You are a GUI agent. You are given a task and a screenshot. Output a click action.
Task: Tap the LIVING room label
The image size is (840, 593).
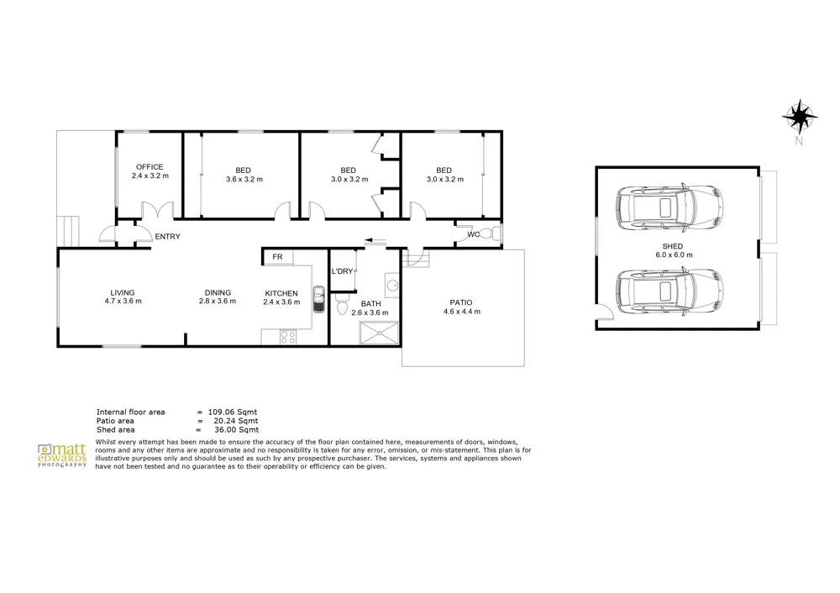(123, 292)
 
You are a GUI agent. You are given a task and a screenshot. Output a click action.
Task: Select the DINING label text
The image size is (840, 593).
(217, 292)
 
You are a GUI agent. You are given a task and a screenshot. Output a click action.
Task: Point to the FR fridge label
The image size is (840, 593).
(276, 257)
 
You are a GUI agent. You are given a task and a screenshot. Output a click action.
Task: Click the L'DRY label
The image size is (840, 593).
(342, 271)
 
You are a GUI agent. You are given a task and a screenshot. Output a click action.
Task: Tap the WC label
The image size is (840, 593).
(473, 234)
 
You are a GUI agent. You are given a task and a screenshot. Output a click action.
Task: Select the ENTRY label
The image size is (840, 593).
(167, 237)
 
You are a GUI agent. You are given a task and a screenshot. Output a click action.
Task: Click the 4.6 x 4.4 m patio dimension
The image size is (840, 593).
(461, 311)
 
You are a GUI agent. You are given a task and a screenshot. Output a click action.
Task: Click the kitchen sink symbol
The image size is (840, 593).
(318, 298)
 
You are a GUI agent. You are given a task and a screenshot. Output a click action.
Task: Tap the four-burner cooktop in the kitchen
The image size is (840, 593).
(287, 338)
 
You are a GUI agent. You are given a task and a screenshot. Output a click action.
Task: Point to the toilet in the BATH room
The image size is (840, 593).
(340, 305)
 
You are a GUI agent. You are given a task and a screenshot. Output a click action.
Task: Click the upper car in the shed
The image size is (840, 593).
(668, 207)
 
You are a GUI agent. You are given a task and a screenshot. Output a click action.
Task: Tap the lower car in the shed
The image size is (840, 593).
(668, 292)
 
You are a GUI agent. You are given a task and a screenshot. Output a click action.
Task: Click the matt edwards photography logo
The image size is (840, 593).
(62, 456)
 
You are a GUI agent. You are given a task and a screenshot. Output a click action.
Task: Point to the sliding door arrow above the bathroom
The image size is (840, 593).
(373, 242)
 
